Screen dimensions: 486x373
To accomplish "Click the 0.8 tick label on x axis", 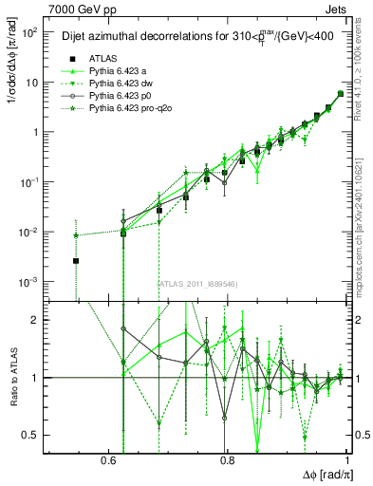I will coord(227,458).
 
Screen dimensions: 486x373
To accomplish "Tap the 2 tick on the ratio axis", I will coord(37,320).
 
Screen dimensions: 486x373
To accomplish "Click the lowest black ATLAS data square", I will coord(76,260).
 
